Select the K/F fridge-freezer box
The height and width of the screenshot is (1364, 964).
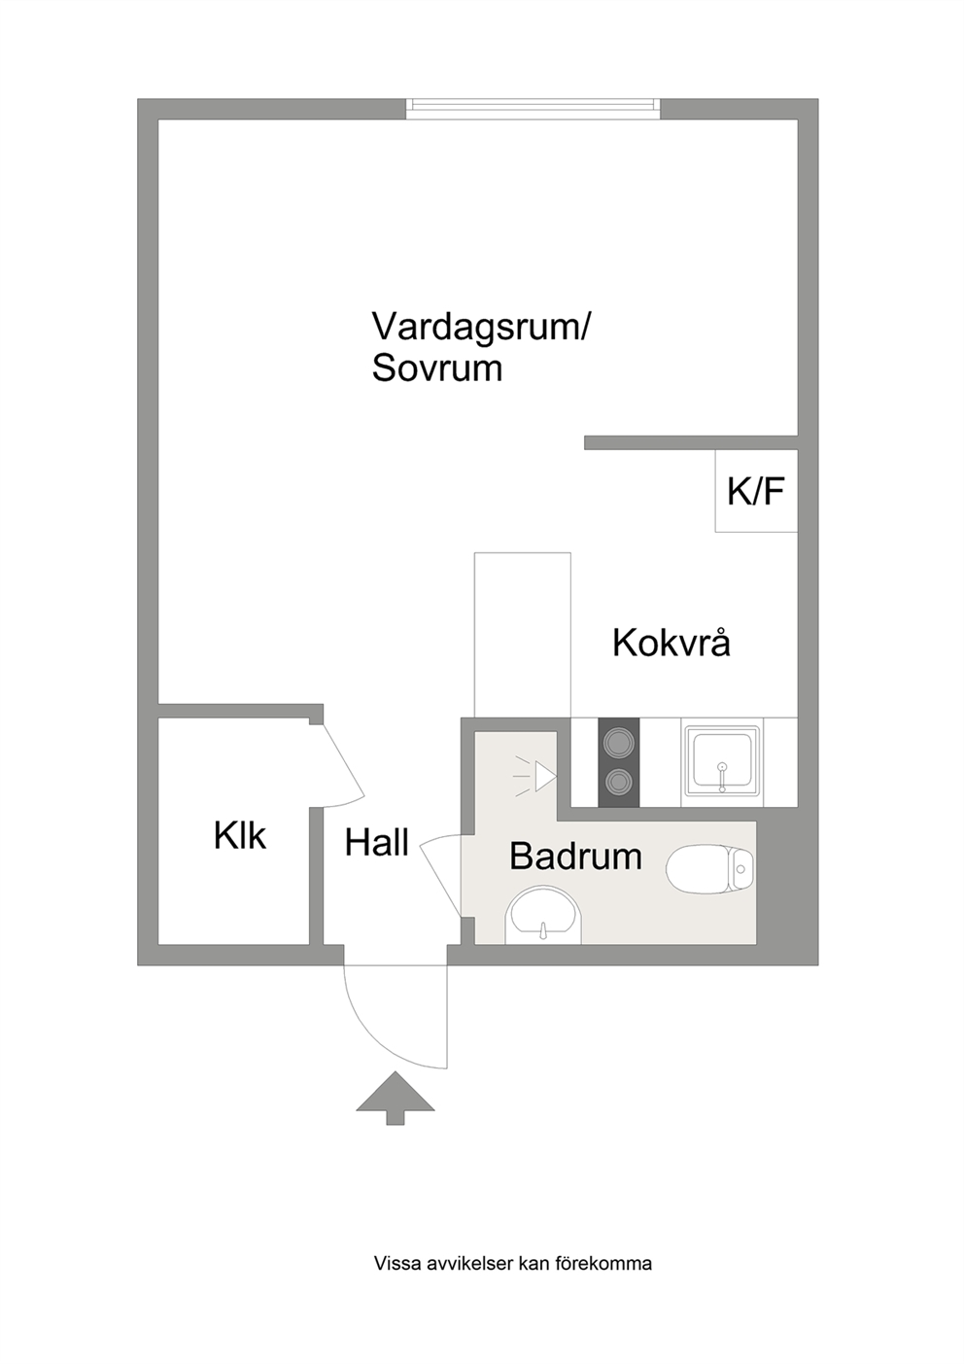point(756,491)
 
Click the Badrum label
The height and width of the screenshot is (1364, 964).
point(575,856)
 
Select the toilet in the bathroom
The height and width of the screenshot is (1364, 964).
point(710,868)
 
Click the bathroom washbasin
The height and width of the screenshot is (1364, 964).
point(543,917)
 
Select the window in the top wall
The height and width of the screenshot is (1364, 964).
point(534,109)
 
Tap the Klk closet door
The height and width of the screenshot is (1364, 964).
point(343,765)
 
